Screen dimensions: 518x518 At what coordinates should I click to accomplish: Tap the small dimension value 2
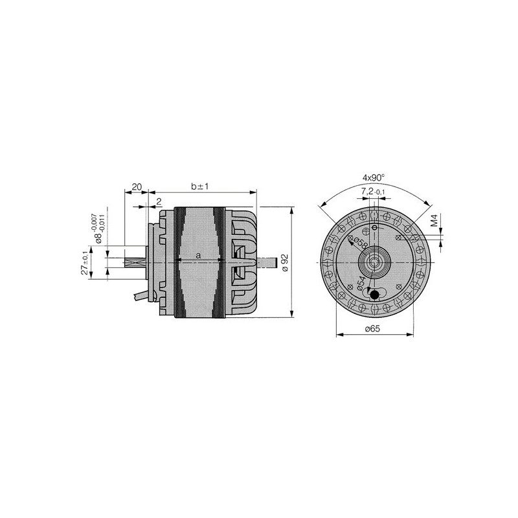pos(159,202)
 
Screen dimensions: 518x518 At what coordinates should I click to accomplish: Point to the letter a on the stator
pos(199,256)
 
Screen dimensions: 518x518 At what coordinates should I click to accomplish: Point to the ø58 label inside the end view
pos(358,245)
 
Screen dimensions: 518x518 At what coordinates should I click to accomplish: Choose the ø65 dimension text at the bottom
pos(372,330)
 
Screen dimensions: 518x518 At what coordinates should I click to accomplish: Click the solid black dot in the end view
pos(374,295)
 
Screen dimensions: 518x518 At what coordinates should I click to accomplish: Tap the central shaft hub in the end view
pos(375,261)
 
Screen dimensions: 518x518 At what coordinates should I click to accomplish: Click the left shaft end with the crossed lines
pos(132,263)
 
